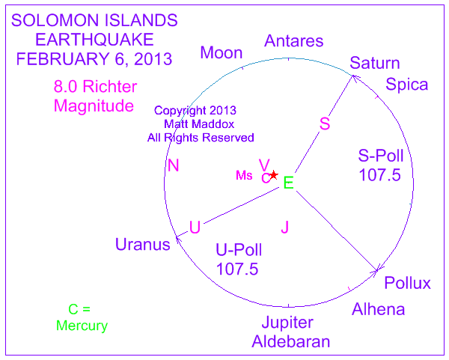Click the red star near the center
[274, 174]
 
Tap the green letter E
[288, 183]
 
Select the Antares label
[294, 41]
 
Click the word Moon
[222, 53]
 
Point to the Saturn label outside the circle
[375, 63]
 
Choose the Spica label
[406, 85]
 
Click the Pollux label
[408, 283]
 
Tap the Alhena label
[378, 310]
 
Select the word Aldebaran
[291, 342]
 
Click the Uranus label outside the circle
[143, 245]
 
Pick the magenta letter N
[174, 165]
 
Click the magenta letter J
[284, 228]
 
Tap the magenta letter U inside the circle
[195, 228]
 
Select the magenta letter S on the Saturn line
[325, 123]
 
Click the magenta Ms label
[244, 175]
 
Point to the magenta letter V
[264, 165]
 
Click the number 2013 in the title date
[153, 59]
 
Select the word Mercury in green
[82, 326]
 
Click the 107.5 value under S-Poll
[379, 175]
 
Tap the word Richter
[110, 87]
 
